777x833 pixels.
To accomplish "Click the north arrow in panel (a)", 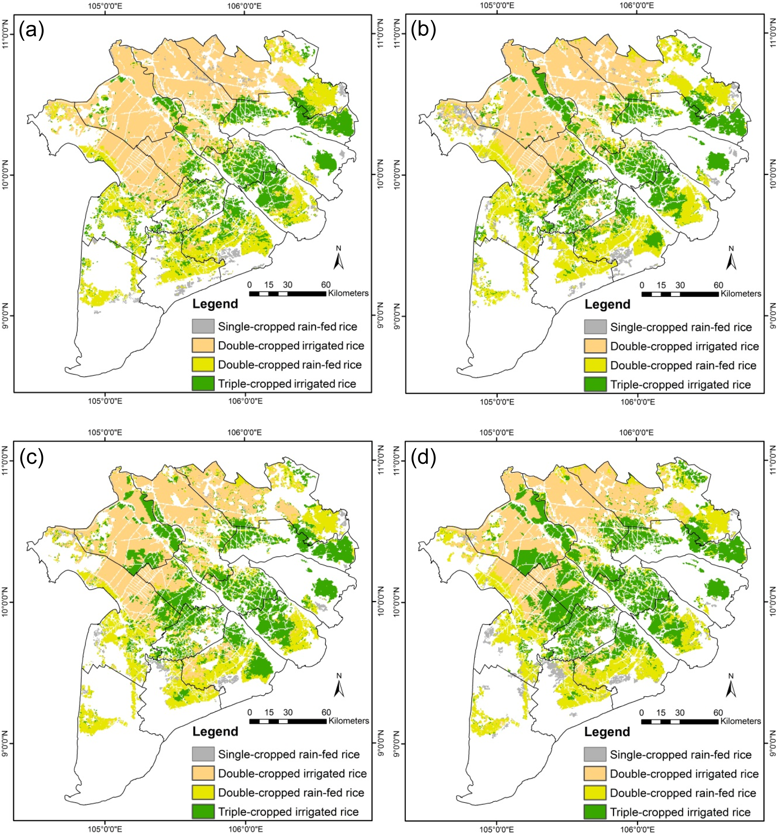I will click(x=339, y=258).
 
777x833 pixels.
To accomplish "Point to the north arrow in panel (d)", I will click(x=731, y=685).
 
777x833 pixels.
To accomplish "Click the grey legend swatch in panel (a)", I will click(x=203, y=326).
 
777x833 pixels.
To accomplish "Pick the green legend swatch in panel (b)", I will click(x=595, y=384).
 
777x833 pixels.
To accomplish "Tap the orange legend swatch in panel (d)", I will click(x=595, y=774).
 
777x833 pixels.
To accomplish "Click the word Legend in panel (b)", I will click(x=607, y=305).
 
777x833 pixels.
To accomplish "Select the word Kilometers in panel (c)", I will click(x=349, y=721).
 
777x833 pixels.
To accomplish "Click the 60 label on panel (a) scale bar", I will click(x=326, y=285).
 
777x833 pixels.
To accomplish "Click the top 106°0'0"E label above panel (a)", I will click(x=244, y=6).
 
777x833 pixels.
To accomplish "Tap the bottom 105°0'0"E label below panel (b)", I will click(x=497, y=402).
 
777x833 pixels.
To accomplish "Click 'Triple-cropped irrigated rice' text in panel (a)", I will click(x=287, y=384).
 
